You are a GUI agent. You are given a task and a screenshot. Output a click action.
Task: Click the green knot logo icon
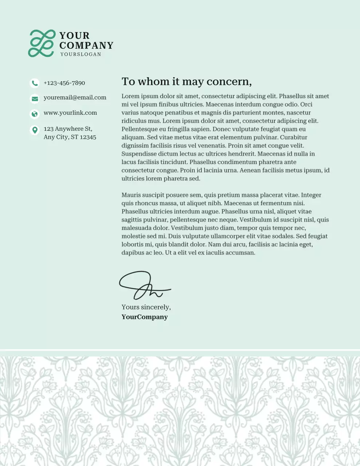pyautogui.click(x=42, y=43)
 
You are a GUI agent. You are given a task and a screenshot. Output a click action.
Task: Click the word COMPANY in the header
pyautogui.click(x=86, y=46)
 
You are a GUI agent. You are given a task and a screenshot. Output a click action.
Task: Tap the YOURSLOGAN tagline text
pyautogui.click(x=80, y=54)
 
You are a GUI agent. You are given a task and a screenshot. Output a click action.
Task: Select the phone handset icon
pyautogui.click(x=35, y=83)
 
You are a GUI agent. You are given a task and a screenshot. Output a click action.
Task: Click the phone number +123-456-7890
pyautogui.click(x=64, y=83)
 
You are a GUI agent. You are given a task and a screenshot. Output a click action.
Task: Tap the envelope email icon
pyautogui.click(x=35, y=98)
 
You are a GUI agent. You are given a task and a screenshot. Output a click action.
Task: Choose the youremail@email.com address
pyautogui.click(x=75, y=98)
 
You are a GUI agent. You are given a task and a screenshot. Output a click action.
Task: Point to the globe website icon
pyautogui.click(x=35, y=114)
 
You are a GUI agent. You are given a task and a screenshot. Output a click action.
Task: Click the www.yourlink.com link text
pyautogui.click(x=70, y=113)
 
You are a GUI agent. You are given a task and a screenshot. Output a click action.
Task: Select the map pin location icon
pyautogui.click(x=35, y=130)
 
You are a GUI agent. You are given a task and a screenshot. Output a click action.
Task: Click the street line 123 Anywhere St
pyautogui.click(x=68, y=129)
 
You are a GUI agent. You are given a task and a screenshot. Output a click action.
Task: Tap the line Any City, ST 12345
pyautogui.click(x=70, y=137)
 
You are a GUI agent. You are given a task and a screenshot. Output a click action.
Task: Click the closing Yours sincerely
pyautogui.click(x=146, y=307)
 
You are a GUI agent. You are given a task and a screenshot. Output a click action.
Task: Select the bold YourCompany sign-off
pyautogui.click(x=145, y=317)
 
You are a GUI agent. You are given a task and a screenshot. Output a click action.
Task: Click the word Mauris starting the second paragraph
pyautogui.click(x=131, y=195)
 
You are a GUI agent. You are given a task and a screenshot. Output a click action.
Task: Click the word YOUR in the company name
pyautogui.click(x=74, y=36)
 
